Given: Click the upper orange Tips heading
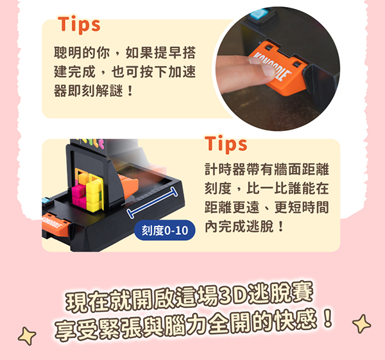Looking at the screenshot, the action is click(x=79, y=25).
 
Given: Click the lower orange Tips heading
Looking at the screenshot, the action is click(x=226, y=144).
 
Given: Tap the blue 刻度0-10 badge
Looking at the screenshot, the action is click(x=165, y=230).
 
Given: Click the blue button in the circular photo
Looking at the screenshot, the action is click(x=259, y=14).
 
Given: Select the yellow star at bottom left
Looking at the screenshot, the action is click(x=27, y=336).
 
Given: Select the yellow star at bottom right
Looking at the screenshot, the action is click(x=361, y=323).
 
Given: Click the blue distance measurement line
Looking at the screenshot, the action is click(x=152, y=202).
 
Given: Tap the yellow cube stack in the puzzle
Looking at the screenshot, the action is click(x=93, y=194).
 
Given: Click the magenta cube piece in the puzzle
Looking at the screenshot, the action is click(x=78, y=195).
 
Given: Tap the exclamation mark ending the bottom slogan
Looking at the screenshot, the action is click(x=329, y=319).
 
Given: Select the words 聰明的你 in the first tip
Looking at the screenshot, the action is click(x=81, y=53).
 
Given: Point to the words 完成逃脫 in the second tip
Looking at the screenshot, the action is click(x=246, y=227).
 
